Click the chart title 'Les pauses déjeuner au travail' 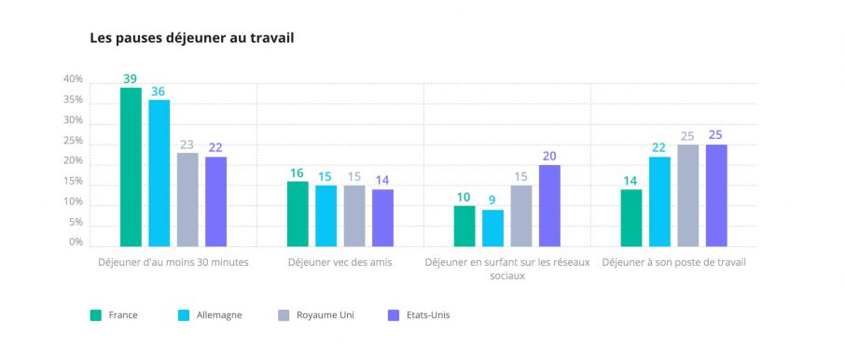click(191, 39)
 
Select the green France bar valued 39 click(131, 167)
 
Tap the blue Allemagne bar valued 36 click(159, 173)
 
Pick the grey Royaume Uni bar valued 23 click(187, 200)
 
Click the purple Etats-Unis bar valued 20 click(549, 206)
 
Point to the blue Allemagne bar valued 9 click(493, 228)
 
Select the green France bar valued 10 click(464, 227)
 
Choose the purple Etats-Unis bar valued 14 click(382, 218)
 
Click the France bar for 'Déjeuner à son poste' click(631, 218)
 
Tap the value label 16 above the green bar click(297, 173)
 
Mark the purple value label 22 click(215, 148)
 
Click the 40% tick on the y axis click(74, 79)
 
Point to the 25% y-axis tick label click(74, 141)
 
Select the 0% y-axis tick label click(76, 242)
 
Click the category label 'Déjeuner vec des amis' click(340, 263)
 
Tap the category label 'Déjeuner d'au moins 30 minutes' click(173, 263)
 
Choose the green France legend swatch click(95, 315)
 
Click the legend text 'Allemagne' click(219, 315)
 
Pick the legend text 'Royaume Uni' click(326, 315)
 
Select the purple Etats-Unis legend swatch click(394, 315)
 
